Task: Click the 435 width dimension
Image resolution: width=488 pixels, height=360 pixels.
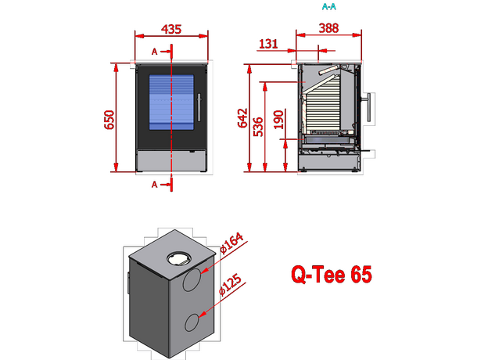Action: (171, 29)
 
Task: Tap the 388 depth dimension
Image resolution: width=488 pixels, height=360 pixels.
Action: (329, 29)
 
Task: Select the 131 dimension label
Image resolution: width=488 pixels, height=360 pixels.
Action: (267, 44)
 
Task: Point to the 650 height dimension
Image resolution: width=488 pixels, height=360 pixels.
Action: (110, 117)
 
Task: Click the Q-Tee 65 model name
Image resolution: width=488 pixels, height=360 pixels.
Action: (331, 275)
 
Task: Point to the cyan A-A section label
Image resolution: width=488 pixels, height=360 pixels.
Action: (329, 6)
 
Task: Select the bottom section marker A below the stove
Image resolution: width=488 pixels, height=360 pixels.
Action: (154, 184)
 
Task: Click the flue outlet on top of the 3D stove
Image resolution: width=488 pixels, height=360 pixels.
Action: (178, 257)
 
